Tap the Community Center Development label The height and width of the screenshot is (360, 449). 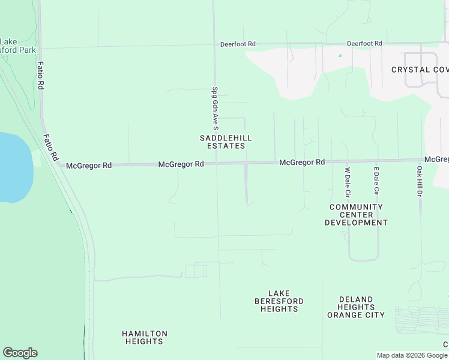[x=356, y=215]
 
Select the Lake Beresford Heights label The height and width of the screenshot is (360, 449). [x=279, y=301]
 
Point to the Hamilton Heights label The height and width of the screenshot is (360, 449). [x=144, y=337]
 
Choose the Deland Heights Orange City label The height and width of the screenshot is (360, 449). [x=356, y=307]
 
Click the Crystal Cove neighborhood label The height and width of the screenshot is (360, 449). [x=420, y=70]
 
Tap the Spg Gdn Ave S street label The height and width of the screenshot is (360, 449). [x=215, y=109]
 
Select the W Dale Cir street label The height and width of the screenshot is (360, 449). [x=347, y=182]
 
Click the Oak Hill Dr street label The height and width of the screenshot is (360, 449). [x=420, y=182]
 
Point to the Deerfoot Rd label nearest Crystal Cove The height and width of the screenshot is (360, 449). [x=364, y=44]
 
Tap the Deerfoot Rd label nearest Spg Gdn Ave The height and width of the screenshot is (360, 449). [x=238, y=44]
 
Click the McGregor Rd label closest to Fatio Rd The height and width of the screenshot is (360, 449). [x=89, y=166]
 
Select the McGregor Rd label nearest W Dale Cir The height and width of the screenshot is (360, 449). [x=302, y=163]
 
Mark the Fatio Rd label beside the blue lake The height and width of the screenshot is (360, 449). [x=50, y=147]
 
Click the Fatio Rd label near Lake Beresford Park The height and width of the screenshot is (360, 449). [x=41, y=76]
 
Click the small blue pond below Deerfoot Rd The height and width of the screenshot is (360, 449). [x=340, y=56]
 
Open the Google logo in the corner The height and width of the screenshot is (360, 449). [x=20, y=353]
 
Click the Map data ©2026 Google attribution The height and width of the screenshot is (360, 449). [x=412, y=355]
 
